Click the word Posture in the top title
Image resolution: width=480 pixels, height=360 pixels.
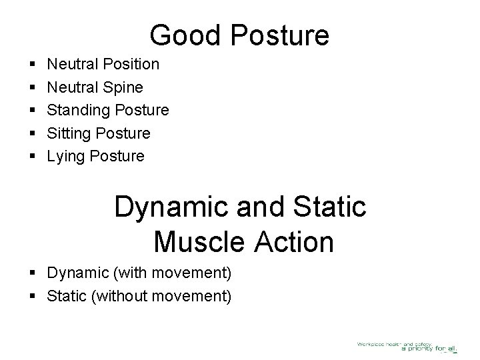pos(277,35)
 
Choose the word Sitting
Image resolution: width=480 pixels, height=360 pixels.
pos(70,133)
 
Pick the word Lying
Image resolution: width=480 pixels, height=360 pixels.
pos(66,157)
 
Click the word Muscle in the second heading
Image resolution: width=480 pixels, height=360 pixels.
pos(201,241)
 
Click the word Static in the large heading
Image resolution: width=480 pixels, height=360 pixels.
pos(329,206)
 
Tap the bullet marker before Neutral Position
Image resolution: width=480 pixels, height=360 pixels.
pos(33,65)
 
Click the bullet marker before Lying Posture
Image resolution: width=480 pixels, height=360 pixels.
pos(33,157)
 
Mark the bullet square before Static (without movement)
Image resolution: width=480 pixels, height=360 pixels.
pos(33,296)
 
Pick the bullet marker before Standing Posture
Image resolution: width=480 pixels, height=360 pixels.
pos(33,110)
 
